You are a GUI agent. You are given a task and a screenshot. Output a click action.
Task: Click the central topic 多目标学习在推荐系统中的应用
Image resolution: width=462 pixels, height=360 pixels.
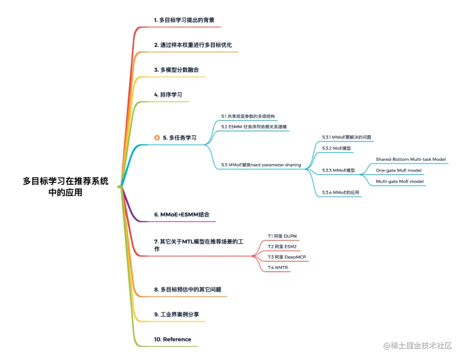(65, 186)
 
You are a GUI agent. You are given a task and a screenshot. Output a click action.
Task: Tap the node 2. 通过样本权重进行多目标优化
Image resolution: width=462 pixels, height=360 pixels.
(193, 45)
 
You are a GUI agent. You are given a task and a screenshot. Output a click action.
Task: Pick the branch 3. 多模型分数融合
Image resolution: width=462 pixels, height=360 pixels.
(176, 70)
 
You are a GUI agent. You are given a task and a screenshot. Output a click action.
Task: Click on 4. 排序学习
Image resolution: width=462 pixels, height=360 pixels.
(168, 94)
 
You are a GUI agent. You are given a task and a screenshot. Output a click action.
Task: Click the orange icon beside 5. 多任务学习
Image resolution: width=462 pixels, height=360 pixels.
(157, 138)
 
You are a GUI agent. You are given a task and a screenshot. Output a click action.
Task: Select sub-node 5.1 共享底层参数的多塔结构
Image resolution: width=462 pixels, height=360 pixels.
(248, 116)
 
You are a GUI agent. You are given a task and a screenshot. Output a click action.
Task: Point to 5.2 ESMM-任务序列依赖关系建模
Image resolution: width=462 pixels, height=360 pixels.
(254, 127)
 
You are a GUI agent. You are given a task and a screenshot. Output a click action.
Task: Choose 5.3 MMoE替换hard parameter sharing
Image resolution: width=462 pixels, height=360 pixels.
(261, 165)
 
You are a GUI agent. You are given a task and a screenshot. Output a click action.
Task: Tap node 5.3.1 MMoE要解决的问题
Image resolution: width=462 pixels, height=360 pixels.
(346, 137)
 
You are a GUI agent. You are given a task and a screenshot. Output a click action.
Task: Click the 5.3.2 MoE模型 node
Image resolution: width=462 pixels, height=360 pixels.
(336, 148)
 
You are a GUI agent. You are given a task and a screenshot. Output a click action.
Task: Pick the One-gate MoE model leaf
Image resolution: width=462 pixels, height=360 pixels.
(399, 170)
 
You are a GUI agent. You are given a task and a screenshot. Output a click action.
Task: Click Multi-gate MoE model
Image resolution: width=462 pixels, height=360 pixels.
(400, 181)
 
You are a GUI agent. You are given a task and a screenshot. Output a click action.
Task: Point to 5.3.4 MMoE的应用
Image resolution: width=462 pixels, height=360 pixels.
(341, 192)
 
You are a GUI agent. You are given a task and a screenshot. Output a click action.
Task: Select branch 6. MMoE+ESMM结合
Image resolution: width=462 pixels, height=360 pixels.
(181, 215)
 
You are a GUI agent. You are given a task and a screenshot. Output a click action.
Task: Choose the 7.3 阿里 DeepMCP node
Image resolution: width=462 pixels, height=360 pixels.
(287, 257)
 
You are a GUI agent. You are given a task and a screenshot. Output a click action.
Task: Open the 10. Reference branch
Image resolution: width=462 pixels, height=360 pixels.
(172, 339)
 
